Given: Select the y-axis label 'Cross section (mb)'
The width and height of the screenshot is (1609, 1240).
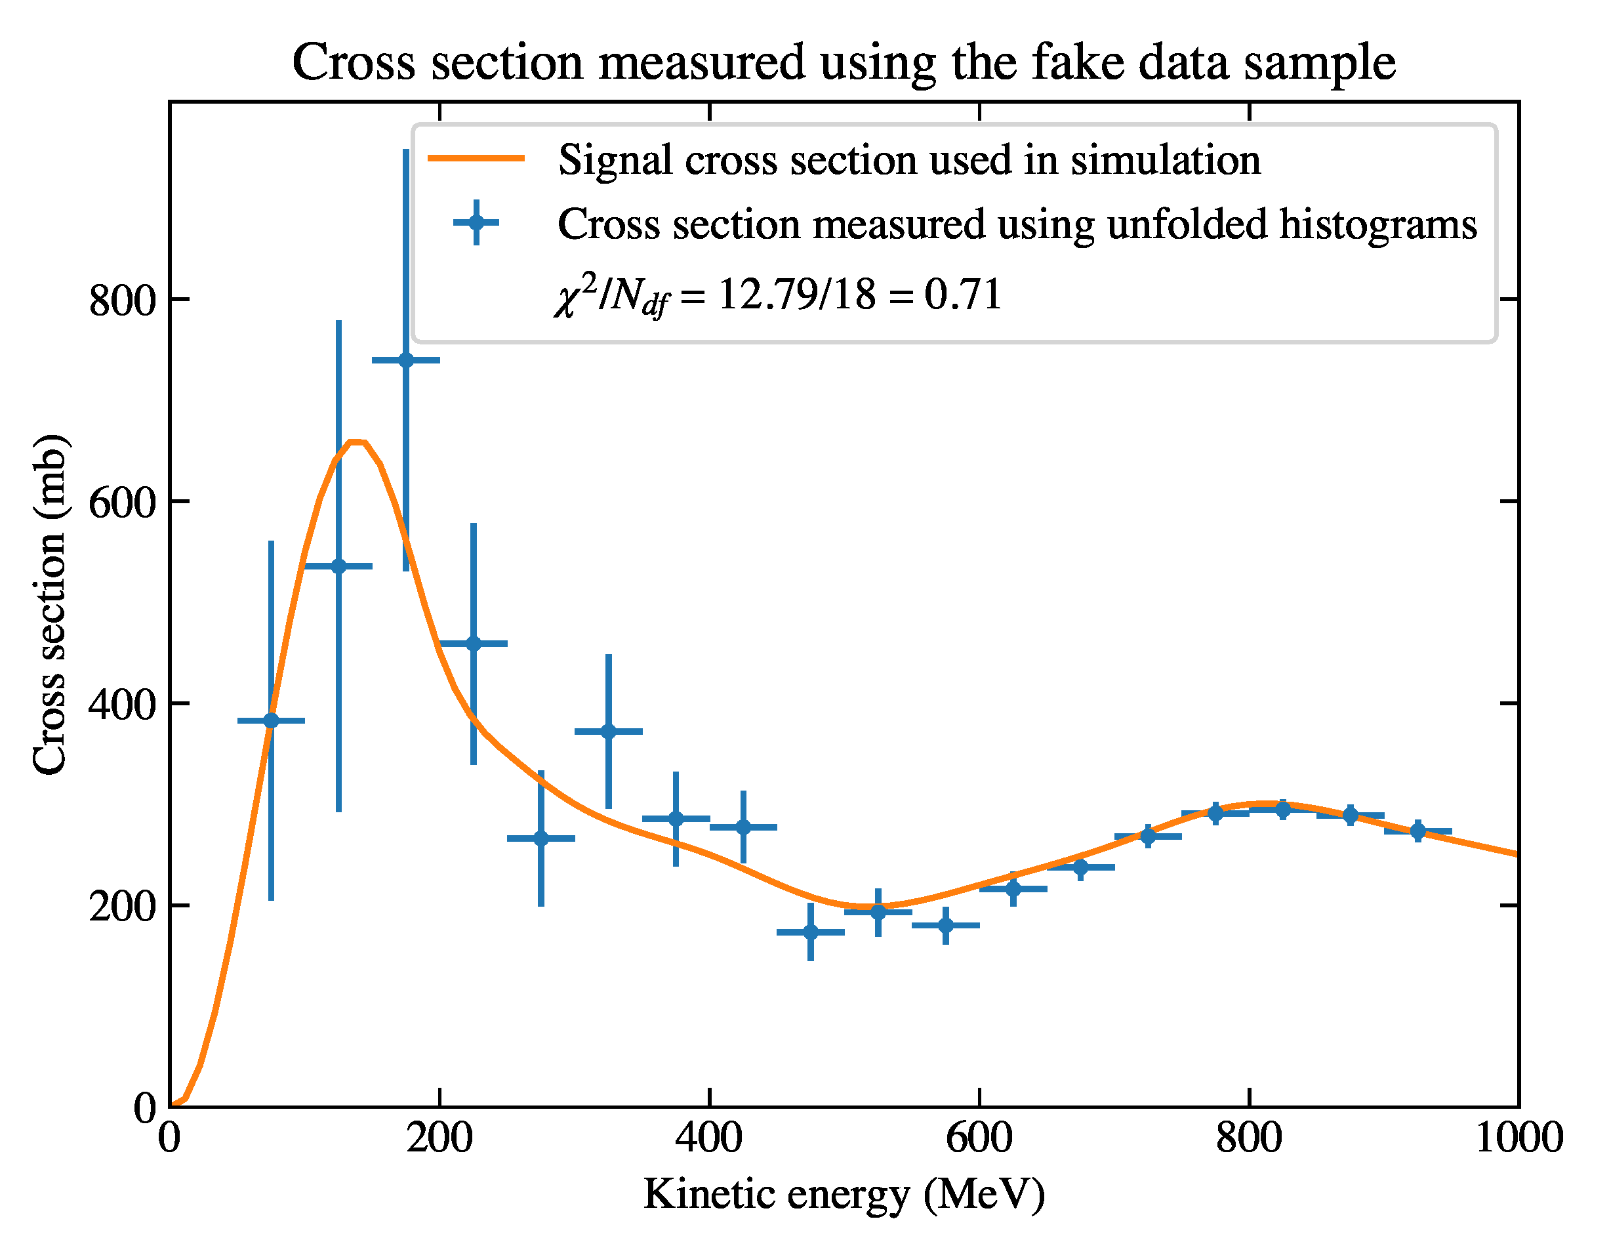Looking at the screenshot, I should click(50, 604).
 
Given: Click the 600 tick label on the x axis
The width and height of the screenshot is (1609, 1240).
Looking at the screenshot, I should click(979, 1138).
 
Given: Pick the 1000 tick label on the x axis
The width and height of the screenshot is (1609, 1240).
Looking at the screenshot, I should click(1518, 1138).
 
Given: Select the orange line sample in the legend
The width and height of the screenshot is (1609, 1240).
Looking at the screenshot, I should click(477, 157).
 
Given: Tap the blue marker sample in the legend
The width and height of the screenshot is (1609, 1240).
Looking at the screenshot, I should click(477, 222).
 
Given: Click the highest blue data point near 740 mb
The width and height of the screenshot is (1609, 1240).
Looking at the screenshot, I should click(406, 360).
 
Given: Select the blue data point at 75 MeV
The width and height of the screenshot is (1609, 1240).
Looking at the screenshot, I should click(271, 720).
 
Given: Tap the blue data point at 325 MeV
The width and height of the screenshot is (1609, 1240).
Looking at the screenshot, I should click(609, 732).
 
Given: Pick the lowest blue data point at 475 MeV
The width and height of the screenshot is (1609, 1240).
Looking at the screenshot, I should click(810, 932).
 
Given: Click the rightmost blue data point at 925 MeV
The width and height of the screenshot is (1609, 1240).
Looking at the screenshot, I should click(1417, 831).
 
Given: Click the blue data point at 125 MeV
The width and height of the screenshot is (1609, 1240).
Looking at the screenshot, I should click(338, 567).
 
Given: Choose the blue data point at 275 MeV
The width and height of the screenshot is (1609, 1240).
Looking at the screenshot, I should click(540, 838).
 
